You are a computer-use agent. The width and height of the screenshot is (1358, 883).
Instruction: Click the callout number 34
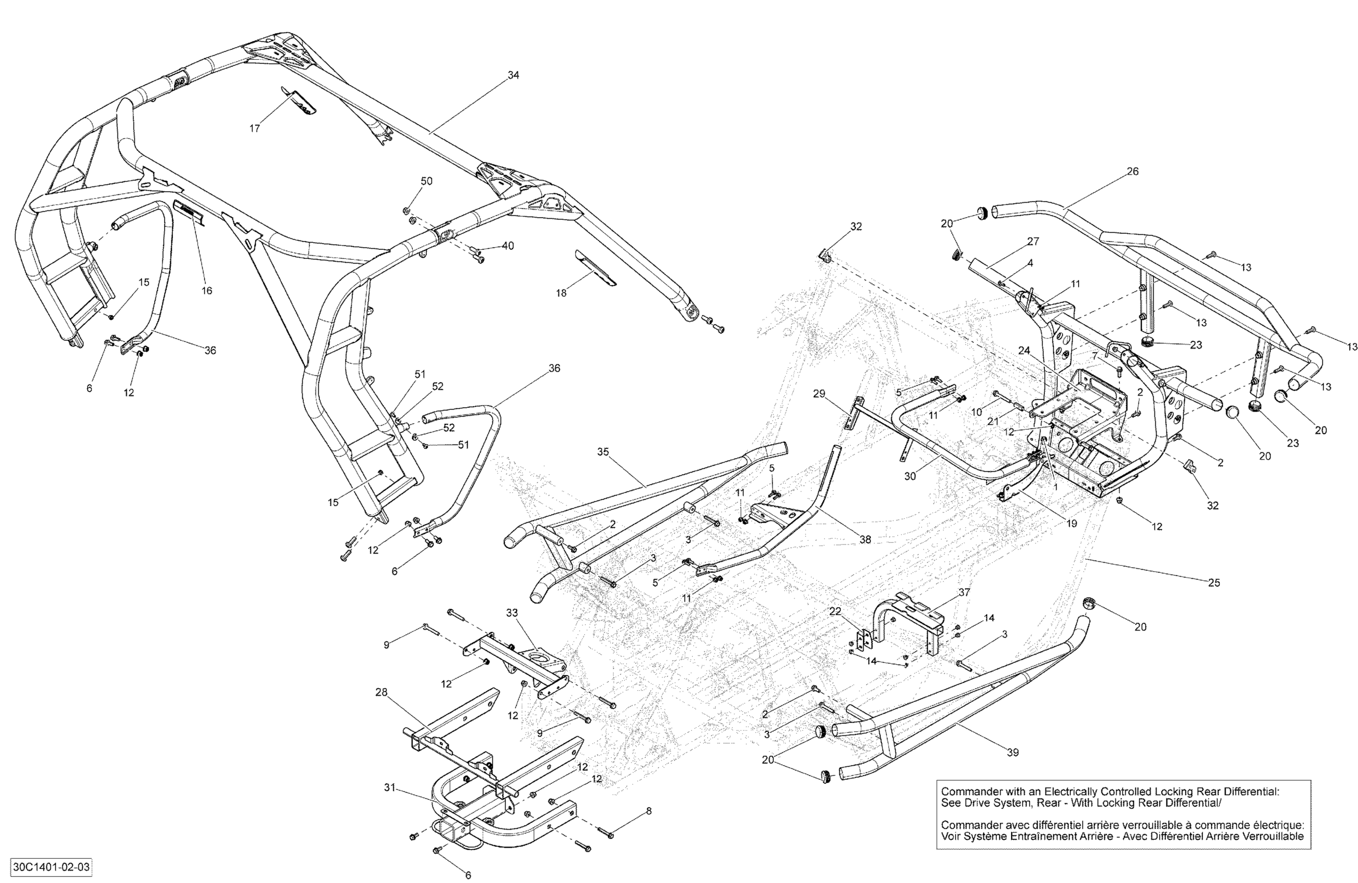click(x=514, y=75)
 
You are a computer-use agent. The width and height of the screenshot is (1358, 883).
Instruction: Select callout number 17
click(x=254, y=128)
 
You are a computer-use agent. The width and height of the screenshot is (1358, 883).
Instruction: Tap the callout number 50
click(x=426, y=181)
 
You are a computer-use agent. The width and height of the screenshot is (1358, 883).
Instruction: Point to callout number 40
click(x=507, y=246)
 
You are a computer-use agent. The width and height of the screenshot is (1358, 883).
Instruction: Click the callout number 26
click(x=1133, y=171)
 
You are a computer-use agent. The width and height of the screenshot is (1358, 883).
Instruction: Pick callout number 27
click(x=1033, y=242)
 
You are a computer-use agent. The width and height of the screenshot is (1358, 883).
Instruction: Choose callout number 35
click(x=603, y=452)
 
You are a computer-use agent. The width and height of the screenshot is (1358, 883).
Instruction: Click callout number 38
click(x=865, y=539)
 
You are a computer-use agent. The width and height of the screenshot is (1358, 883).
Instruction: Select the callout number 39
click(x=1012, y=752)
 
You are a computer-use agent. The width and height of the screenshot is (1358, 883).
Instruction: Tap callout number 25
click(x=1214, y=583)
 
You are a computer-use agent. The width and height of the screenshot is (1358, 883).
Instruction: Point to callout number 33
click(x=512, y=612)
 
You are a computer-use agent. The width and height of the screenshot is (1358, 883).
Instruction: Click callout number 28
click(x=381, y=692)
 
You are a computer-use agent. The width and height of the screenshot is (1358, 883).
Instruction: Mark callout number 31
click(x=389, y=787)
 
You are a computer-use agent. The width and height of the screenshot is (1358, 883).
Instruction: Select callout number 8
click(x=648, y=811)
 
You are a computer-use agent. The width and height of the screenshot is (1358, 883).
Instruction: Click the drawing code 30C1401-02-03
click(x=51, y=867)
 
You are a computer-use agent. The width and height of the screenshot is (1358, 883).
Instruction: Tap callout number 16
click(x=207, y=290)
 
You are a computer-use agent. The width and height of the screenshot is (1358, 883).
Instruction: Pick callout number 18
click(x=561, y=293)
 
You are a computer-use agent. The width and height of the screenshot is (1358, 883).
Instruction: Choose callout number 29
click(x=819, y=394)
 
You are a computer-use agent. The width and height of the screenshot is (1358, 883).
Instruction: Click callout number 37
click(x=964, y=593)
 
